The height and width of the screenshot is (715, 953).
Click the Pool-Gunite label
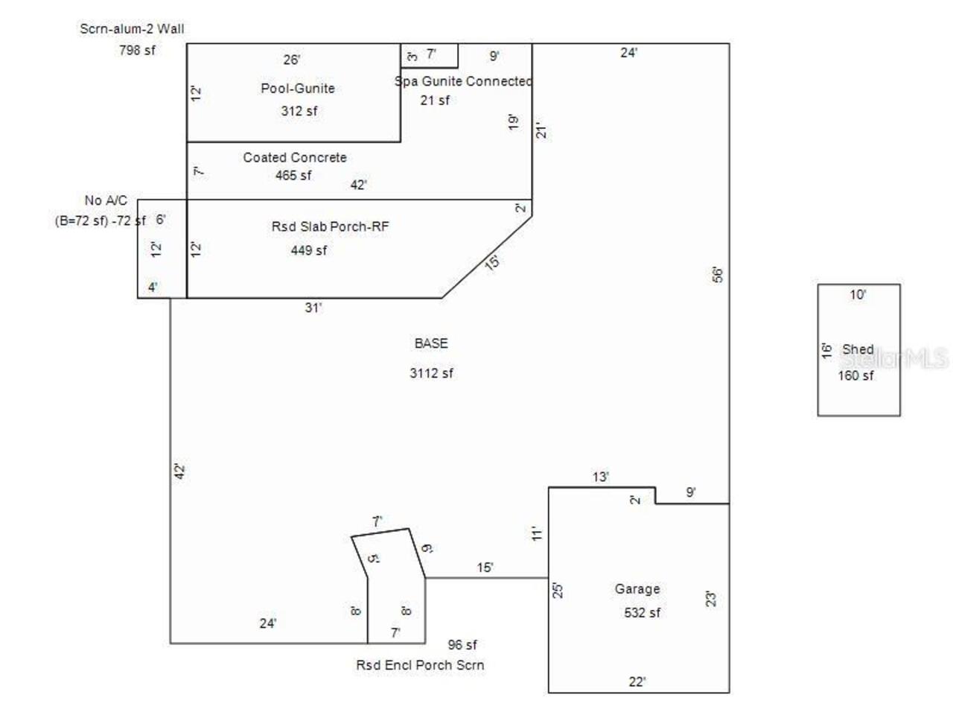coord(297,88)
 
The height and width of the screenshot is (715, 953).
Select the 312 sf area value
coord(299,111)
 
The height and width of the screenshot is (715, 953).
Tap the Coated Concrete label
coord(295,157)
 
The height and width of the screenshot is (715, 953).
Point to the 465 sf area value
coord(293,175)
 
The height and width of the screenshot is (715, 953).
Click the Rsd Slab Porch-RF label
coord(330,226)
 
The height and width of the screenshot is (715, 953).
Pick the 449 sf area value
coord(309,250)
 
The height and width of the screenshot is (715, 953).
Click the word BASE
coord(431,343)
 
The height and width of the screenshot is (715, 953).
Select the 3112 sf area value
coord(431,373)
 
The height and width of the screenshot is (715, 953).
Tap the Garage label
coord(637,588)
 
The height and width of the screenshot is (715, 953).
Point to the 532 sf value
coord(642,612)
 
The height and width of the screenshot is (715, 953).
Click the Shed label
coord(858,349)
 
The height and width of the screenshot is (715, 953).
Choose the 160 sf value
coord(855,375)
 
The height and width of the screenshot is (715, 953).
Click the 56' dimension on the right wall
coord(718,276)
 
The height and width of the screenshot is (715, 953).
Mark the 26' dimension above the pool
coord(292,60)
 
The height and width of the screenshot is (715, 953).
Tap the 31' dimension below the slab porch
coord(313,308)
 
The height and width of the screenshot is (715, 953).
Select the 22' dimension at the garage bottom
coord(637,682)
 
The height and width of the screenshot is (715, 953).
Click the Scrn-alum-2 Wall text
coord(132,28)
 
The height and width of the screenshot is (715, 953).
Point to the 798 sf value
coord(137,50)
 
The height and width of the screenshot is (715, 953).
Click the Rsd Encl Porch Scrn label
coord(420,664)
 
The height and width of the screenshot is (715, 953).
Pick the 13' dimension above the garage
coord(601,477)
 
